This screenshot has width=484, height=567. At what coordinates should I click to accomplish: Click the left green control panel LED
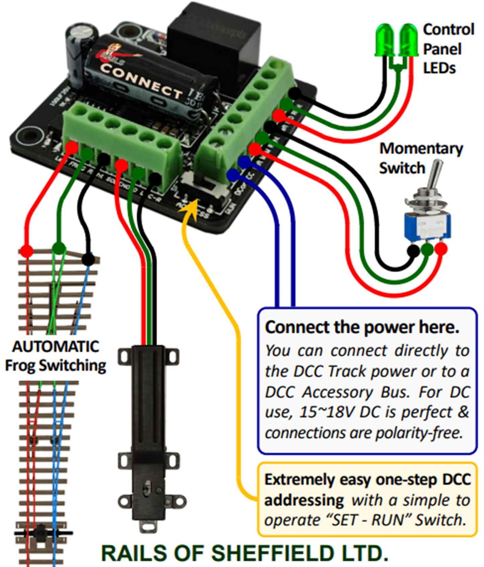386,40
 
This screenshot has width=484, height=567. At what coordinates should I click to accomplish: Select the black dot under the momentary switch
413,250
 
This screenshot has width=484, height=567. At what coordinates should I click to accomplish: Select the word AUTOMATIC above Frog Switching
56,347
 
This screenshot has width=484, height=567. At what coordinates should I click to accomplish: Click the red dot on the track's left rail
26,251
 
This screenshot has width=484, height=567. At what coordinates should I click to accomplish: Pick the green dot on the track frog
59,248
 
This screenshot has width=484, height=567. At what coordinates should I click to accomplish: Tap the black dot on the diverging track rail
88,259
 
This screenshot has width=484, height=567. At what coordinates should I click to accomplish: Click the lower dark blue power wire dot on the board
232,175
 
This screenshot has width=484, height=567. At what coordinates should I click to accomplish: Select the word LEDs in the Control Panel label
439,68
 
